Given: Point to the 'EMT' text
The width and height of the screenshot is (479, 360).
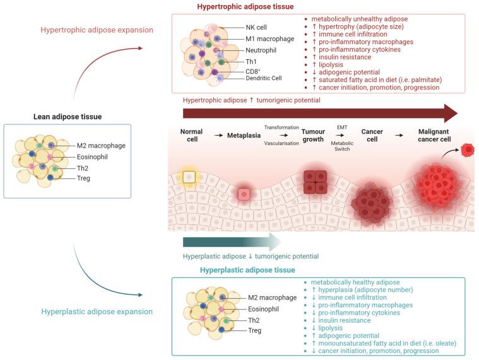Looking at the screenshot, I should pos(342,127).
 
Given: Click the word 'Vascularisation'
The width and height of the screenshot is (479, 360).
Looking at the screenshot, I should pos(281,142).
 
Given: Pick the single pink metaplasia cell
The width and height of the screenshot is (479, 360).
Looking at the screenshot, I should pos(244,194).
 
